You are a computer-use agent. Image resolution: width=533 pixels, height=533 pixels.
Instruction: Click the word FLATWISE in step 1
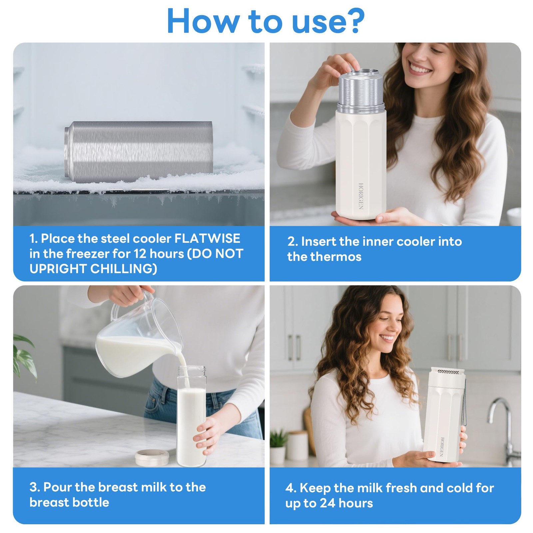207,239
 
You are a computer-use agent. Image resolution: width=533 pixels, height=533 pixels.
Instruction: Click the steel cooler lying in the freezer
138,152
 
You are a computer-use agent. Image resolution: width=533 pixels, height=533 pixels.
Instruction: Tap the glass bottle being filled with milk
191,416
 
